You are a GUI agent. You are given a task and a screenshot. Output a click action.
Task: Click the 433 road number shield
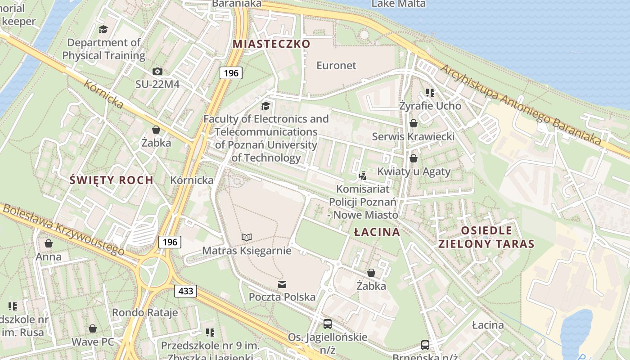(185, 291)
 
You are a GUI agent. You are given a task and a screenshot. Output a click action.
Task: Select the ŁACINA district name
(377, 232)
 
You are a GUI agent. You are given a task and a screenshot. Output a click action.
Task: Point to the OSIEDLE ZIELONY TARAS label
(486, 238)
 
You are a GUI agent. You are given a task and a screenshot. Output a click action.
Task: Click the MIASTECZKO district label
(271, 44)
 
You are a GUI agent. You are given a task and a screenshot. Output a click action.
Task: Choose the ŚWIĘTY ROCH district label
(112, 180)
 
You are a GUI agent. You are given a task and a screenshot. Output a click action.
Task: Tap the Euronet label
(336, 65)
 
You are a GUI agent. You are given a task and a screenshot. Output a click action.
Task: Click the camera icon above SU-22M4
(157, 71)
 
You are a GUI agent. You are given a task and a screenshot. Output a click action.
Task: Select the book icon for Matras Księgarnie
(246, 237)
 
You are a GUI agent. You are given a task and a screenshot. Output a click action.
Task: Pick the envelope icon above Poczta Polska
(282, 284)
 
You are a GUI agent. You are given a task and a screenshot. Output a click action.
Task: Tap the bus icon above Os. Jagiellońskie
(328, 324)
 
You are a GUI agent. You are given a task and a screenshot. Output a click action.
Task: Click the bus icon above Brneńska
(425, 345)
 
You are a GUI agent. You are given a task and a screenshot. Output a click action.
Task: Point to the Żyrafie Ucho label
(430, 106)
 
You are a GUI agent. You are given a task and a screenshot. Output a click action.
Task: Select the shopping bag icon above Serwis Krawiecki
(413, 123)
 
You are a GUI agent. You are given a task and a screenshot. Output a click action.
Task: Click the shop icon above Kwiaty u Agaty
(413, 158)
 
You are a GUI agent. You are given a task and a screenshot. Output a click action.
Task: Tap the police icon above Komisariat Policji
(363, 175)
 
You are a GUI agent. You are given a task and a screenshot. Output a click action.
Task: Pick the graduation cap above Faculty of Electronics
(266, 106)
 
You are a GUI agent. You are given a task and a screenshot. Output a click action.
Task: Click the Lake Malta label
(392, 4)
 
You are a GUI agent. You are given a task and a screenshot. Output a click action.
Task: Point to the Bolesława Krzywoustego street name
(63, 229)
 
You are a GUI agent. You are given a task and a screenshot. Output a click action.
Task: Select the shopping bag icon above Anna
(48, 243)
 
